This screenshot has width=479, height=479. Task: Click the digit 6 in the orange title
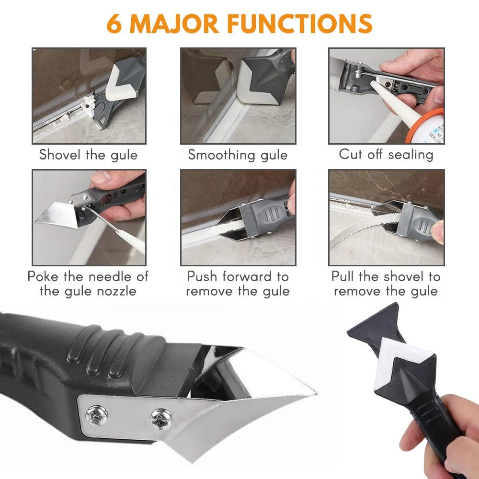114,23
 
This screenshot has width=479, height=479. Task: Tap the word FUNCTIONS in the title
300,23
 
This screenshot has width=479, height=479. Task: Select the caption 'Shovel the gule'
88,155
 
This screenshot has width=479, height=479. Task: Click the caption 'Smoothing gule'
238,155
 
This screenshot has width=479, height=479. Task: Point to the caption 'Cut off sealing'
386,154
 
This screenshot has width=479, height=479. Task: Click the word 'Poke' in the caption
43,276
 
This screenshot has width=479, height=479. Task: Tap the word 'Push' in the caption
202,276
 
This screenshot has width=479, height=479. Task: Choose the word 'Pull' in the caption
343,276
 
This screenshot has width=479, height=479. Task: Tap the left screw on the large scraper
97,415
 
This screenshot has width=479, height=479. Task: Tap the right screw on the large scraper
161,419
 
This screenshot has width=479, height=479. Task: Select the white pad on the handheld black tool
397,357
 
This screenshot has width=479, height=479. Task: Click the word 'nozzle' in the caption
116,291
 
